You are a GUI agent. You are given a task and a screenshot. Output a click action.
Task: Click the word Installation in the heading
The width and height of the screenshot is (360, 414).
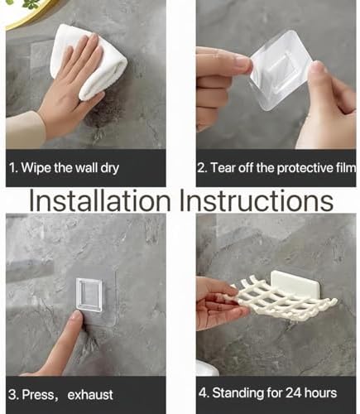100,200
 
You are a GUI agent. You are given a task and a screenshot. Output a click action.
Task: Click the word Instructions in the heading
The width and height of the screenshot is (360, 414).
257,200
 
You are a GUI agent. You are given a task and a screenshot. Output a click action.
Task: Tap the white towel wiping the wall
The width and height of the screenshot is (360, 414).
89,61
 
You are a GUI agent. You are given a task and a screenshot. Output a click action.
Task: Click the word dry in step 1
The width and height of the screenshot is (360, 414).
109,168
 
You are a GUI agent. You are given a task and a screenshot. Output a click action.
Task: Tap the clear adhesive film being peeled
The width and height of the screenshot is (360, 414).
279,70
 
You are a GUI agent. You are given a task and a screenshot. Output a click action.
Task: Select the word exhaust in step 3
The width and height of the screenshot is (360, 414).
90,395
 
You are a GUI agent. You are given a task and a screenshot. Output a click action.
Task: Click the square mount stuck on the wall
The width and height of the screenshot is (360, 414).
89,295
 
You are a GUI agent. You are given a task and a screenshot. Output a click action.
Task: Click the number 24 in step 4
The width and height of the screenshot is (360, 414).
293,392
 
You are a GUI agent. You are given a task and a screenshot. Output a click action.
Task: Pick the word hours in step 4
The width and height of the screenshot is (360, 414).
320,392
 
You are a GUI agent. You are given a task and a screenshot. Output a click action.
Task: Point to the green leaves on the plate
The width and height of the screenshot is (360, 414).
31,4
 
